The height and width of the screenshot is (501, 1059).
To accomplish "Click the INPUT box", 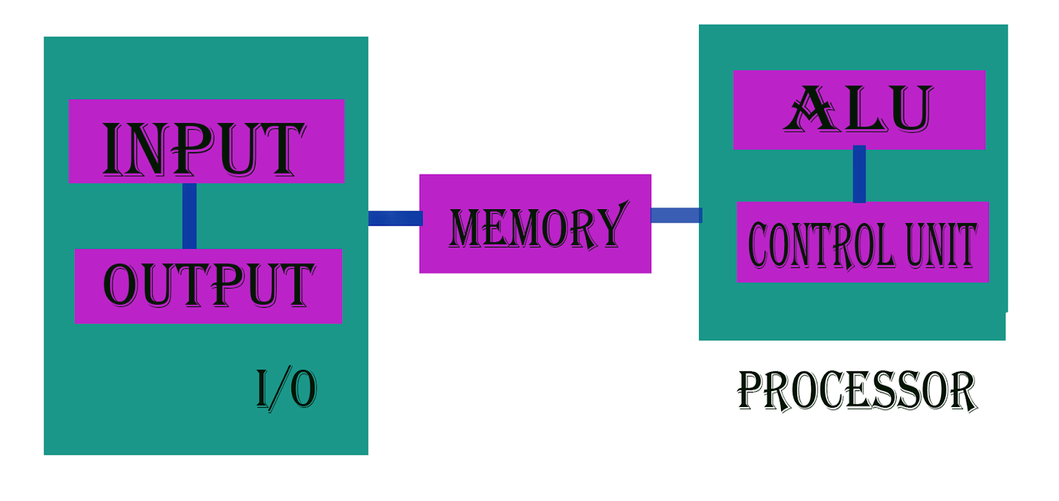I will click(x=207, y=141).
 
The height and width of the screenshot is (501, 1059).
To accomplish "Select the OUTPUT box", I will click(x=208, y=286).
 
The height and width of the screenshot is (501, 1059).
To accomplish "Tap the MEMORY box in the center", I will click(x=535, y=224).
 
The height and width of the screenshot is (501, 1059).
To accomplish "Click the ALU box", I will click(x=859, y=109).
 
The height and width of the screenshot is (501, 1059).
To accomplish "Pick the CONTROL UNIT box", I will click(x=862, y=242).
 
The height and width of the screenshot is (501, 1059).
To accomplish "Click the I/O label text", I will click(x=286, y=389).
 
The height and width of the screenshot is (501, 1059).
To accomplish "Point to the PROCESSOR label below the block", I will click(x=857, y=390).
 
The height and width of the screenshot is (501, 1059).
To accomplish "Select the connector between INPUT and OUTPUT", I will click(x=189, y=216).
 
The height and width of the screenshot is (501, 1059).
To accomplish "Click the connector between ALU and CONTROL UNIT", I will click(x=859, y=175).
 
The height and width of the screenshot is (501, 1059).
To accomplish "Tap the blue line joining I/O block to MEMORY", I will click(x=394, y=218).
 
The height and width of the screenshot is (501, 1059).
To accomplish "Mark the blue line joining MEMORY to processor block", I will click(x=675, y=215).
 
